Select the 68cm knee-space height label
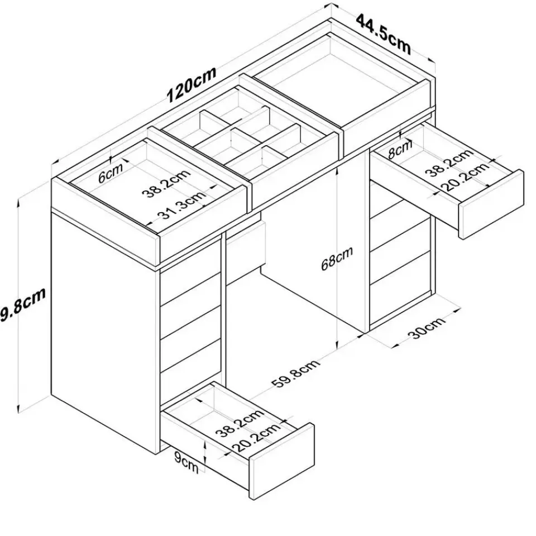coord(337,259)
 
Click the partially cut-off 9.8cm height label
coord(22,306)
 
